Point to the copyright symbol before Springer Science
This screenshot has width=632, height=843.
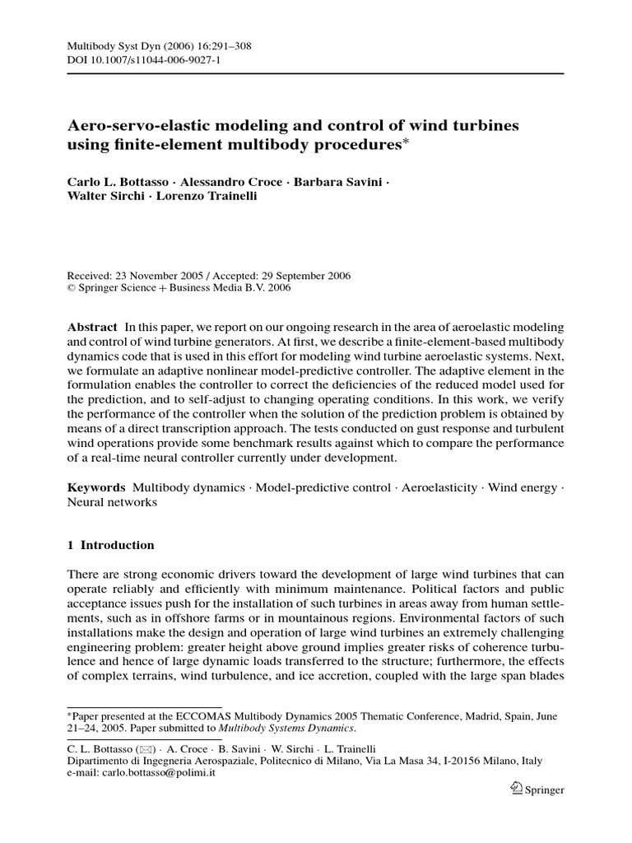pyautogui.click(x=71, y=289)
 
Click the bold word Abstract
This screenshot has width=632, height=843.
pyautogui.click(x=92, y=327)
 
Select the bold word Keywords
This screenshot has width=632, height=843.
pyautogui.click(x=95, y=488)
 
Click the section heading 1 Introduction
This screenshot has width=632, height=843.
pyautogui.click(x=110, y=545)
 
